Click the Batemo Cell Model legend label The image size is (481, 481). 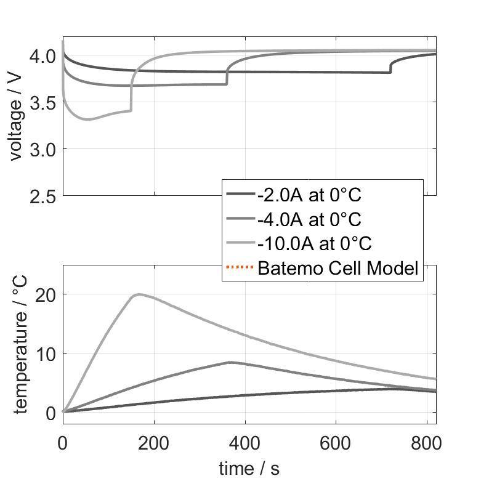point(339,268)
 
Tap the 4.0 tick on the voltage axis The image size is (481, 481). point(44,56)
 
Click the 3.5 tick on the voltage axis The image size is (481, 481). point(44,103)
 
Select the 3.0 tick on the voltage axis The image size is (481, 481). point(44,150)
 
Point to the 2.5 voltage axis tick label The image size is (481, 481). point(44,196)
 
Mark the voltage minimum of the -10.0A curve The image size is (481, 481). point(88,119)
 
